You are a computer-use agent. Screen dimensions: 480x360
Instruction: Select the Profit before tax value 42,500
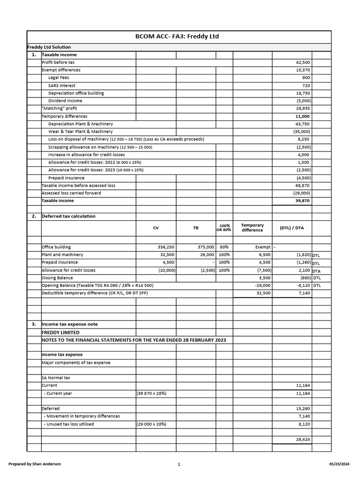coord(303,62)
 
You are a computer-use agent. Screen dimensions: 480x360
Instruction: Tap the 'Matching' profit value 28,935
coord(303,108)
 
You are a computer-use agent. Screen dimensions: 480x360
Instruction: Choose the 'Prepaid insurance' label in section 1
coord(67,178)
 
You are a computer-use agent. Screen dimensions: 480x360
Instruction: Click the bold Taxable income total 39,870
coord(302,201)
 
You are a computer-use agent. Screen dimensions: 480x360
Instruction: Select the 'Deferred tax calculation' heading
coord(68,216)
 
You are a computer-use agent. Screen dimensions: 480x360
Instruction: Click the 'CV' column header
coord(156,228)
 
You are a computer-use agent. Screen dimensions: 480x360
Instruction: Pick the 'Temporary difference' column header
coord(252,228)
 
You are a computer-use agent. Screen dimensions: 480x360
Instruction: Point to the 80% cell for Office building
coord(224,247)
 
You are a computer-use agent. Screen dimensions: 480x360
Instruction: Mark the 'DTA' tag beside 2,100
coord(316,270)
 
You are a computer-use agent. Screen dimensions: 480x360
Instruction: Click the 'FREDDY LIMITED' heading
coord(60,332)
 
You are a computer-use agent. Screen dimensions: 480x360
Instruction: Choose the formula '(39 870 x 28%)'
coord(151,393)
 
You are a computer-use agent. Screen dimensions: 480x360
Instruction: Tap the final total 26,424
coord(302,440)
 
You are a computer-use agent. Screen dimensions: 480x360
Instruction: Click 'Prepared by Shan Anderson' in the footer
coord(35,464)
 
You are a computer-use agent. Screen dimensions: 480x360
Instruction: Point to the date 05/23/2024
coord(340,464)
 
